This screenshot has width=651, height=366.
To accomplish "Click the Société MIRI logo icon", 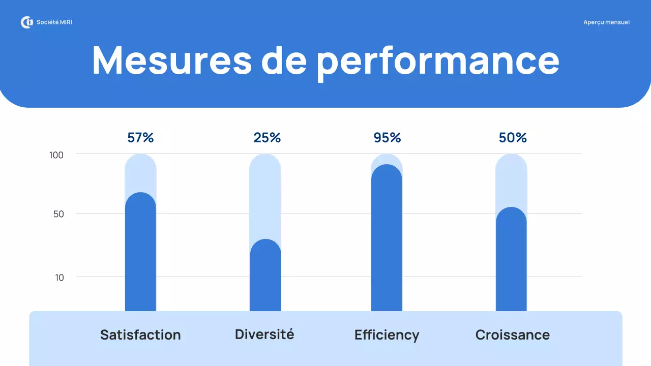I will click(x=26, y=22).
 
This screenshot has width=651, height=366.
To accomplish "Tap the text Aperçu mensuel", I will click(x=606, y=22).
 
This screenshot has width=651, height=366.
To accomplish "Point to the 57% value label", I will click(x=140, y=138).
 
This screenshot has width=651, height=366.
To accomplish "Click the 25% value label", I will click(x=267, y=138).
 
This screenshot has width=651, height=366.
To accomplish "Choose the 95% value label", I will click(x=387, y=138).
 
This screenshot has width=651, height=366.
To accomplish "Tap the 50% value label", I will click(x=513, y=138).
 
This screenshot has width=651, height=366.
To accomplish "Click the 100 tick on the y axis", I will click(x=56, y=155).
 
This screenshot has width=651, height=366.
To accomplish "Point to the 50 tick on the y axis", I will click(x=58, y=214).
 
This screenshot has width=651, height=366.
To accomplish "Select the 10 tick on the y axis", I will click(x=60, y=278).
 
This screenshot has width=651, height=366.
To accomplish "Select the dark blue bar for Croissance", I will click(x=511, y=259).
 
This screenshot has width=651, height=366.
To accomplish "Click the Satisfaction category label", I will click(x=140, y=335).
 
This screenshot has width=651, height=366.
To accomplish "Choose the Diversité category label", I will click(x=264, y=334).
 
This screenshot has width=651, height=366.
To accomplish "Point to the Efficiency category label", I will click(x=387, y=335).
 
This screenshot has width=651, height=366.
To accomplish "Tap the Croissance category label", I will click(x=512, y=335).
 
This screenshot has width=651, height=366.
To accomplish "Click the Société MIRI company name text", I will click(x=54, y=22).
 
